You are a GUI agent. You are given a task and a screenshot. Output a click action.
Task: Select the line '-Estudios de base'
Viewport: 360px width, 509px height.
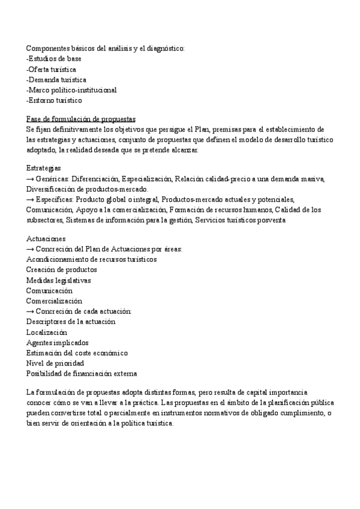54,59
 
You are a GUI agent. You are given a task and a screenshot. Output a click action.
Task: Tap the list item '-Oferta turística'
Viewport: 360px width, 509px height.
51,69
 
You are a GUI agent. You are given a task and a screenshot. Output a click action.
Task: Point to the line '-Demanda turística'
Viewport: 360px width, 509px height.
56,79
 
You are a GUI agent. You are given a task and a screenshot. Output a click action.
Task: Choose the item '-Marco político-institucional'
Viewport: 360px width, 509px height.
71,90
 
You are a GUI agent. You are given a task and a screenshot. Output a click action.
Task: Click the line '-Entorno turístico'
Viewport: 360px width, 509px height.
54,100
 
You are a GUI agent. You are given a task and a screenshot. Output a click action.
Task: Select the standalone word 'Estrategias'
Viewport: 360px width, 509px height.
44,168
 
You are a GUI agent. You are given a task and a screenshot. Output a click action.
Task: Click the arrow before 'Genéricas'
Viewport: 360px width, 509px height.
30,179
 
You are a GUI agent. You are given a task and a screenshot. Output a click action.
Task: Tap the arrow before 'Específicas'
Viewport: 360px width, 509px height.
30,200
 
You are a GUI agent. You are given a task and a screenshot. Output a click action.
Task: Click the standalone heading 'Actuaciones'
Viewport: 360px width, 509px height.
46,238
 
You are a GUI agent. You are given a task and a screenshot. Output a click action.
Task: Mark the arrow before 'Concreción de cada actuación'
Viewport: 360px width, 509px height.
30,312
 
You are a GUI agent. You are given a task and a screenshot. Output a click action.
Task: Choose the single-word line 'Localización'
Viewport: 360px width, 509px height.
46,332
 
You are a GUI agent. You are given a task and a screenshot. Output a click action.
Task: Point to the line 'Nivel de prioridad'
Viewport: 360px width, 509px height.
55,363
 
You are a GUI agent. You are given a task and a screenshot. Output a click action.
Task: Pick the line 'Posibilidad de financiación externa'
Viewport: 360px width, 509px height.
81,374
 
